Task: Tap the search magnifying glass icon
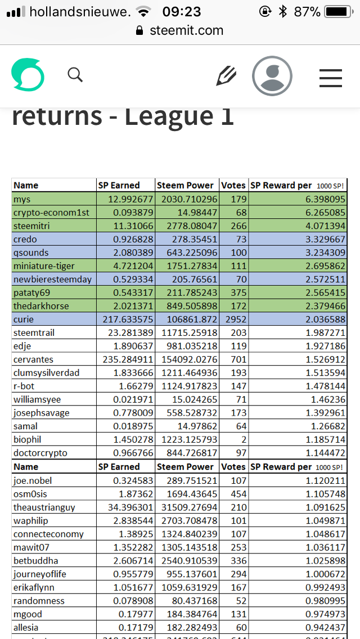tap(75, 74)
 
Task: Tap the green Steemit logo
tap(28, 75)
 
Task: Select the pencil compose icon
tap(226, 75)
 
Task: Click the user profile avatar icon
tap(272, 75)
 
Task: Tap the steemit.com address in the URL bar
tap(186, 30)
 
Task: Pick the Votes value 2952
tap(234, 319)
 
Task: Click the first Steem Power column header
tap(186, 185)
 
